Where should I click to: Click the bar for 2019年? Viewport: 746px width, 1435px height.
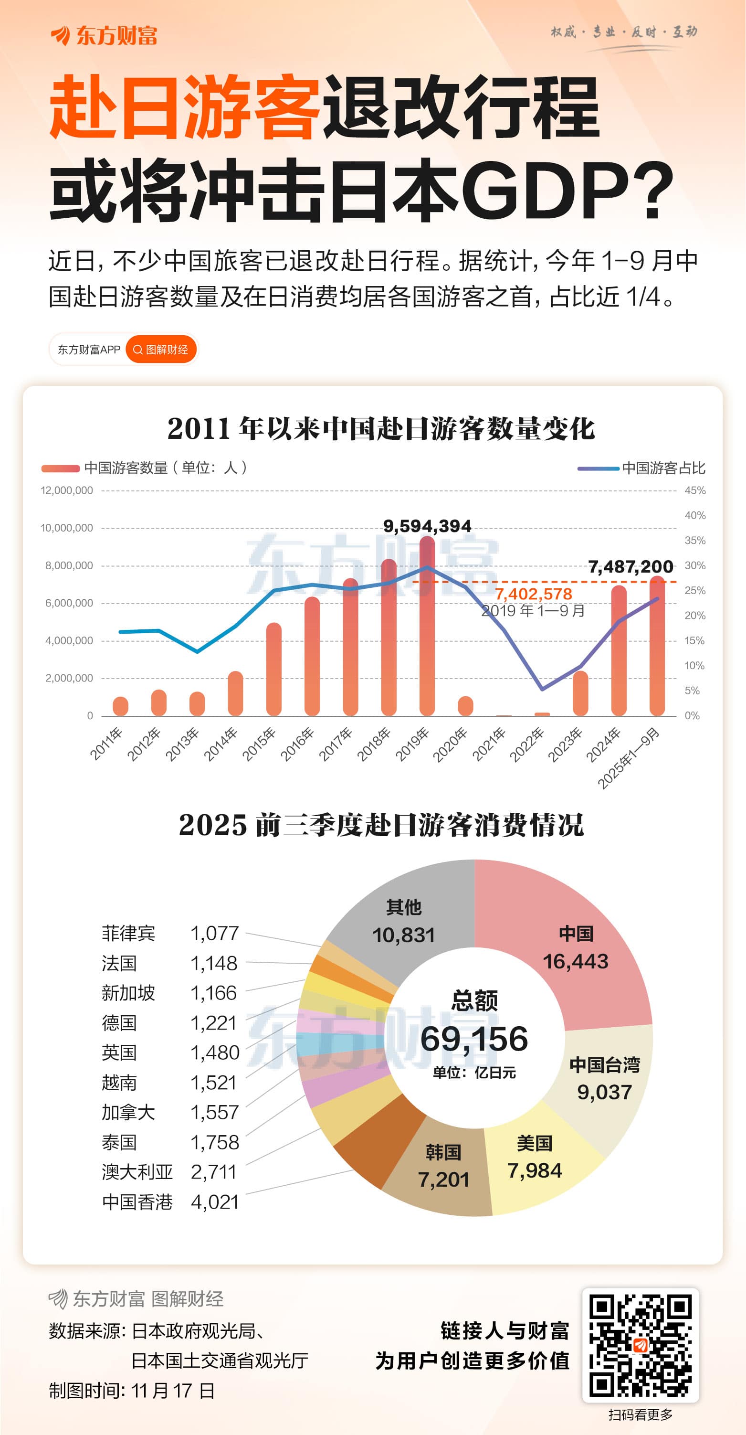[x=427, y=629]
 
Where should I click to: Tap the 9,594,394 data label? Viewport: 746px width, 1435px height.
[x=427, y=526]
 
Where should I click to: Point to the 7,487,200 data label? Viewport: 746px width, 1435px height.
[x=631, y=566]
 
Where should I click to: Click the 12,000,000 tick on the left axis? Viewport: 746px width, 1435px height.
[x=67, y=491]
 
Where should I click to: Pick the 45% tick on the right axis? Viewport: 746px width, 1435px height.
[x=695, y=491]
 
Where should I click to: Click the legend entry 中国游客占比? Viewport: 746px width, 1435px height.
[x=663, y=468]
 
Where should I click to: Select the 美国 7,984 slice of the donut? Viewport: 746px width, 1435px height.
[x=535, y=1159]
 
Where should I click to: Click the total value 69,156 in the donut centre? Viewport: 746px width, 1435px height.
[x=474, y=1039]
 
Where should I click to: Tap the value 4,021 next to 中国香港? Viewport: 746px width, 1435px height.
[x=215, y=1201]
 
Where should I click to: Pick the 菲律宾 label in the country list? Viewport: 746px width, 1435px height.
[x=128, y=933]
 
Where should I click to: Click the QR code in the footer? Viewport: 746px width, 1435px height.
[x=640, y=1345]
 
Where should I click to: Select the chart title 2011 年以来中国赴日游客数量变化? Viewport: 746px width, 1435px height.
[x=381, y=429]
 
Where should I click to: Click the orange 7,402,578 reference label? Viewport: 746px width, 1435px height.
[x=533, y=594]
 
